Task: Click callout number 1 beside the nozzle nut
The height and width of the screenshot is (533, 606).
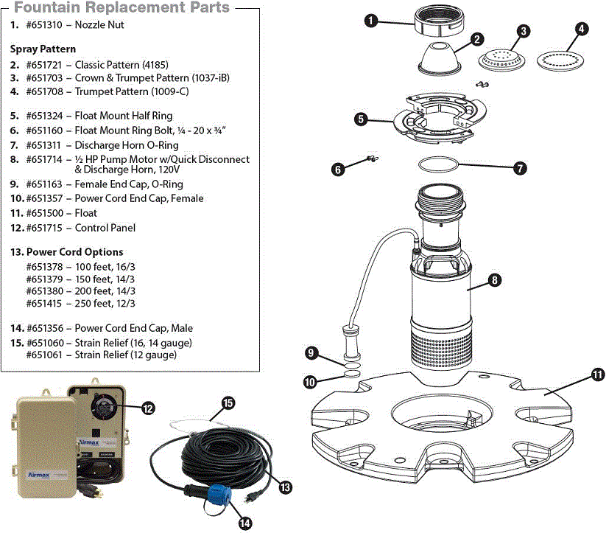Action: pos(372,21)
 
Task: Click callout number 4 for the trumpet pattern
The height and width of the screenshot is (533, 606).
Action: pos(582,29)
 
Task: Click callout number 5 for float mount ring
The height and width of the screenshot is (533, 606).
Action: pos(360,118)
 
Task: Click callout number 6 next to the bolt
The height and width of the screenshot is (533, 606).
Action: pos(338,169)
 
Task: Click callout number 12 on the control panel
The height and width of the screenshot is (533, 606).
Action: pos(149,408)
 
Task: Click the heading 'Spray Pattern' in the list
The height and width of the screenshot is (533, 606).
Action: pos(43,49)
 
